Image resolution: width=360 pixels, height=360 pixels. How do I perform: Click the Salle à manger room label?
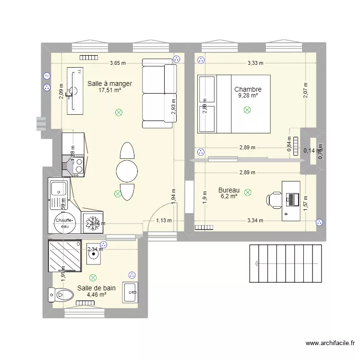point(109,84)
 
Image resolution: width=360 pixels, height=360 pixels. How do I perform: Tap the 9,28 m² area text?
point(248,96)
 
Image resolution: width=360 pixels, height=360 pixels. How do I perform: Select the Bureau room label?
point(228,190)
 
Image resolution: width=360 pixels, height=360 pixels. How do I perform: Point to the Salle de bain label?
point(96,288)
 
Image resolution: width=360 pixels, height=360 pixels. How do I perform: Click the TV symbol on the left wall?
point(47,76)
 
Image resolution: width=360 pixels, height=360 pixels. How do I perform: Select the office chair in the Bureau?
point(276,199)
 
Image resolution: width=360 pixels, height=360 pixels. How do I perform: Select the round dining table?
point(127,171)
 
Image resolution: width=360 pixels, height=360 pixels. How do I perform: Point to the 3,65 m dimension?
point(118,63)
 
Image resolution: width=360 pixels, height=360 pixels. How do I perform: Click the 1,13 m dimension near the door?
point(164,221)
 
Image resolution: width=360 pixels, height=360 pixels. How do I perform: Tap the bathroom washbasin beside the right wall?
point(130,292)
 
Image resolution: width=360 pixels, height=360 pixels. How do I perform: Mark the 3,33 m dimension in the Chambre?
point(255,63)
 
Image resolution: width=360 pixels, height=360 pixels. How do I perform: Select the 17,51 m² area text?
point(109,90)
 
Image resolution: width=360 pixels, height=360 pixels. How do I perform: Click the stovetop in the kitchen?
point(78,166)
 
